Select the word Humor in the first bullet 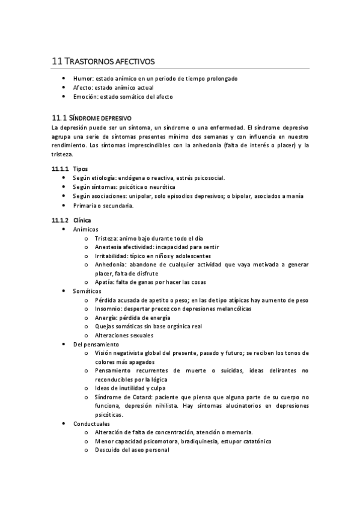pos(81,79)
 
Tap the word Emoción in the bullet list pos(84,96)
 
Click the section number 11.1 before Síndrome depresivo pos(59,118)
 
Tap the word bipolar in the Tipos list pos(237,195)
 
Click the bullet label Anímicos pos(86,230)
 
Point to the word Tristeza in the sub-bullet pos(106,239)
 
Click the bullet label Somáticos pos(87,290)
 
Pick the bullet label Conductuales pos(91,423)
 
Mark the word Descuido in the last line pos(108,449)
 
